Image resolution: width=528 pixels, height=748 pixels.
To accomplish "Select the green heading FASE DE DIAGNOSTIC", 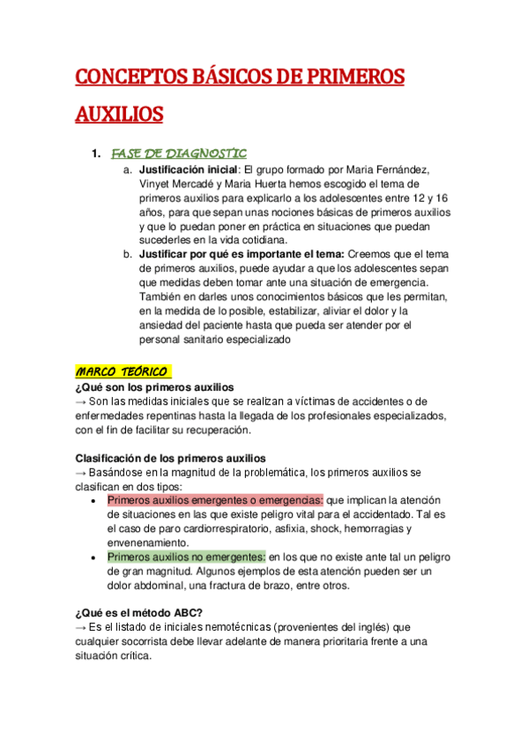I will (x=179, y=153).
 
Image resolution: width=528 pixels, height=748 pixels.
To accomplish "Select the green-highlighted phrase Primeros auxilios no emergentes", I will (x=187, y=557).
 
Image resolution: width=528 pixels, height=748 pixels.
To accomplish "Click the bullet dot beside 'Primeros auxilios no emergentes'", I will (x=95, y=557).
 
